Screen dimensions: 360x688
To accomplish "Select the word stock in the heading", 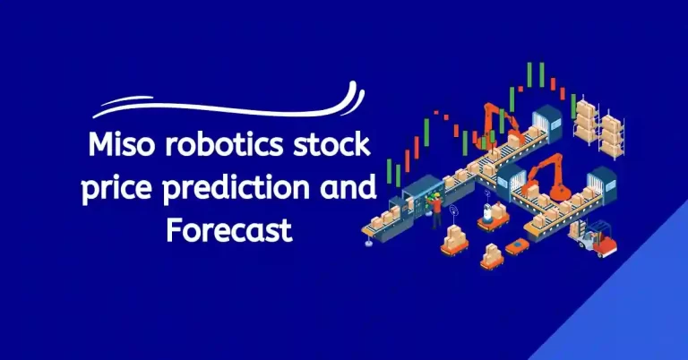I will coord(340,143).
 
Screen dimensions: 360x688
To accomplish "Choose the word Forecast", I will coord(228,229).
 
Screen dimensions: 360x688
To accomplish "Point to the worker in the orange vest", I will coord(437,209).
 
